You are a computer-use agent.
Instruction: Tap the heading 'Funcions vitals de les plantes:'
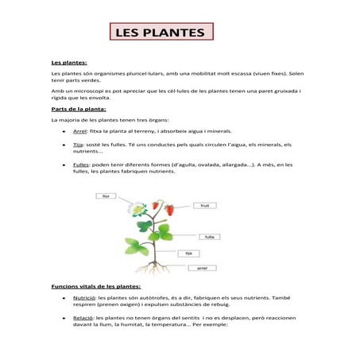click(95, 285)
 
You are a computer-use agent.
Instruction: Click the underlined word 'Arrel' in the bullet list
click(79, 130)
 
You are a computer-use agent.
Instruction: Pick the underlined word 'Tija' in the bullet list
click(77, 145)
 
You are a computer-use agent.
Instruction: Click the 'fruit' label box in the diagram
click(204, 205)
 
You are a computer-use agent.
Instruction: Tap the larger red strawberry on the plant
click(168, 210)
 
